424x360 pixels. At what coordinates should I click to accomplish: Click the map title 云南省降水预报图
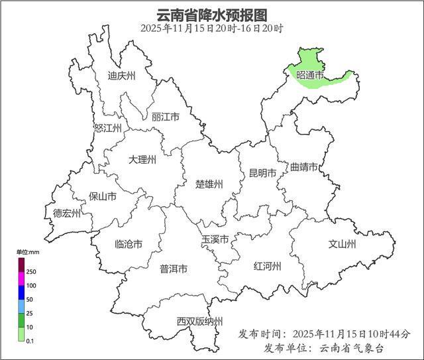(211, 15)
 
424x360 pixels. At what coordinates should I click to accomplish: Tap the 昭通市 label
(310, 76)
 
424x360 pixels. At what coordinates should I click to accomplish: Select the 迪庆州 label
(121, 76)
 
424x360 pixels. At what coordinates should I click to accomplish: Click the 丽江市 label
(166, 117)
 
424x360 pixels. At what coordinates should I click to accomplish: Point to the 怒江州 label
(108, 128)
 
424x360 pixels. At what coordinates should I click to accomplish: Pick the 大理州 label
(142, 160)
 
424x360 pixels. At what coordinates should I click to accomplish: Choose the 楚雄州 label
(209, 184)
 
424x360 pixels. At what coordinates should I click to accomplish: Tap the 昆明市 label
(262, 174)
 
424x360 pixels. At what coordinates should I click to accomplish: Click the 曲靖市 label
(304, 167)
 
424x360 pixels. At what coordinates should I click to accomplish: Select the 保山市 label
(103, 197)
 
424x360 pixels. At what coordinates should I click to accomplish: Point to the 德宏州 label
(67, 213)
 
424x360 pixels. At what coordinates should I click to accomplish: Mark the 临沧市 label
(129, 244)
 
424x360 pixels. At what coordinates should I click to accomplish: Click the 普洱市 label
(174, 269)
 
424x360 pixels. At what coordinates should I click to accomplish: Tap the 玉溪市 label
(215, 239)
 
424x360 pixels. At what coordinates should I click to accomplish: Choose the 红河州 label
(268, 267)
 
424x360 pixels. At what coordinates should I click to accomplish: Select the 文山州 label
(343, 244)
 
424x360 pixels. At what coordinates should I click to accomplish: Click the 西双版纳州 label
(199, 322)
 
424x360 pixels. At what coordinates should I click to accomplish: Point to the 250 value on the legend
(31, 272)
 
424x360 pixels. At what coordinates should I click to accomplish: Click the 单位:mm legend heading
(28, 252)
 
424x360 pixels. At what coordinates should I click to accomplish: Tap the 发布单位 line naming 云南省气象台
(323, 348)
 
